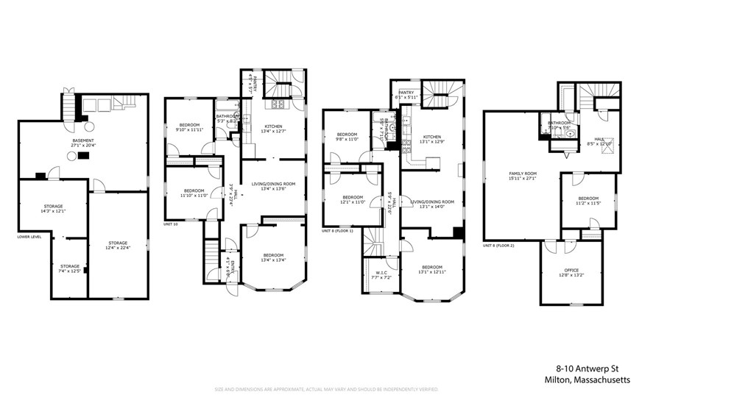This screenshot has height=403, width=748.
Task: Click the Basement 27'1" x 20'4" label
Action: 82,143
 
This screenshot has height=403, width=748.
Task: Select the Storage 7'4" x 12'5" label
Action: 70,268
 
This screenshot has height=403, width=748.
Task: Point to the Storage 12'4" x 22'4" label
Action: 118,246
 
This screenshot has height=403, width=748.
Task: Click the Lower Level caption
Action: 30,237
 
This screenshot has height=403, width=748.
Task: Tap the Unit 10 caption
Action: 170,224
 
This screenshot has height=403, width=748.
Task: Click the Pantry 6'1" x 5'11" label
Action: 406,94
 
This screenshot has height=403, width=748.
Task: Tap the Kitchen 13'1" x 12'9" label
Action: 432,140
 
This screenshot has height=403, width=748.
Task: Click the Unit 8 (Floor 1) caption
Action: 337,231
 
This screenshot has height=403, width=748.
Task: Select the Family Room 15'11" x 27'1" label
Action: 522,176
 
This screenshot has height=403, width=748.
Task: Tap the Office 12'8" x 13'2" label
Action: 571,273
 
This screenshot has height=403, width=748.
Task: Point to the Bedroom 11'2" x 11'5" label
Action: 588,200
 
